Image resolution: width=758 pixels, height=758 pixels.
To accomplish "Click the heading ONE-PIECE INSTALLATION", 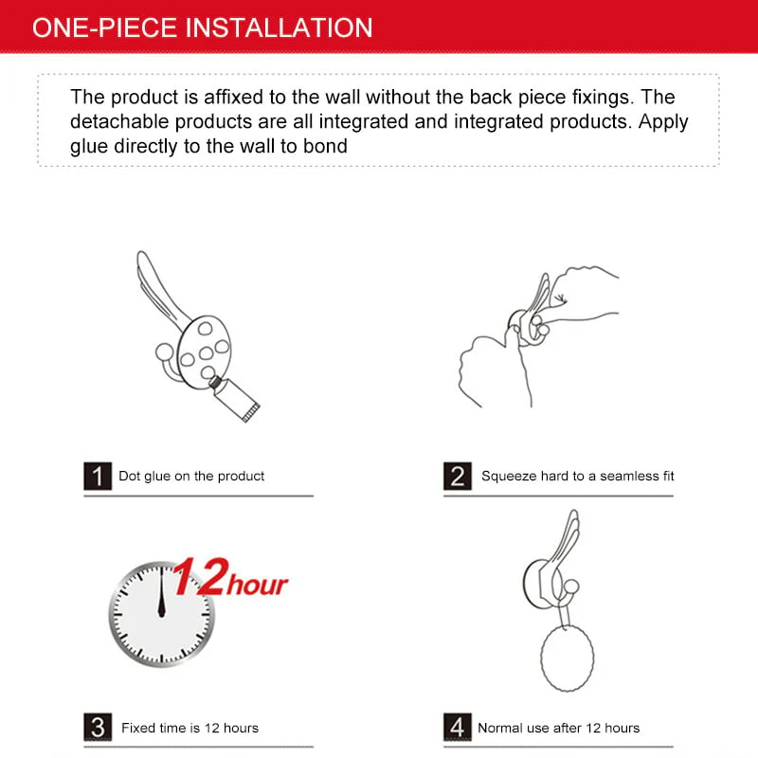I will [x=202, y=27].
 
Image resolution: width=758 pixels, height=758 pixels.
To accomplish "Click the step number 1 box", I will [x=98, y=476].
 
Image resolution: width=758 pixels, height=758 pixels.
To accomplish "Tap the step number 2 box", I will [x=458, y=476].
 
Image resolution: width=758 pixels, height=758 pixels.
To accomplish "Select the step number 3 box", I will [x=98, y=728].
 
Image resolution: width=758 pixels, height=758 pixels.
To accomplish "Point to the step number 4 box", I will [x=458, y=728].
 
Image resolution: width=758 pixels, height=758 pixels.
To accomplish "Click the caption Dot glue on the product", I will [x=191, y=476].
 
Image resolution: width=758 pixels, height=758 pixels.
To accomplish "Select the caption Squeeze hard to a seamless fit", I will [x=577, y=476].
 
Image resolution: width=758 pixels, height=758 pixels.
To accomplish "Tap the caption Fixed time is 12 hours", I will [x=189, y=728].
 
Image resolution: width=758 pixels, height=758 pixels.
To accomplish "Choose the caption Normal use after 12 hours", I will [x=558, y=728].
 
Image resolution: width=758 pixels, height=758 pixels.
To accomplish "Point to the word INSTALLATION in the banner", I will [x=279, y=27].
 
